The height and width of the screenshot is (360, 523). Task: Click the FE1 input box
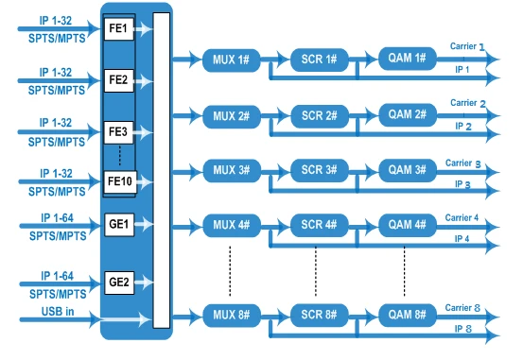coord(119,29)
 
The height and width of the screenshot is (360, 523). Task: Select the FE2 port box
coord(119,80)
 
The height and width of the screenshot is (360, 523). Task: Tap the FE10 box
coord(120,182)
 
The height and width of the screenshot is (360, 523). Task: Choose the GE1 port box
coord(119,225)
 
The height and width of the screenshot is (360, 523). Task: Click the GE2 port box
coord(119,283)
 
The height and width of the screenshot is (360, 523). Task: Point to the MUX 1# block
coord(231,60)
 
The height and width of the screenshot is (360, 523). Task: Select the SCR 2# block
coord(320,116)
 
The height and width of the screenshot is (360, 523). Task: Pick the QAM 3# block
coord(408,170)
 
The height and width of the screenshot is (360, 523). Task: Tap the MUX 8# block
coord(232,315)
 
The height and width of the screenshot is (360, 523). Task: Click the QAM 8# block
coord(408,315)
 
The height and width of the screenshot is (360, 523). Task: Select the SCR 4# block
coord(320,225)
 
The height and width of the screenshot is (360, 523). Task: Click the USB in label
coord(58,312)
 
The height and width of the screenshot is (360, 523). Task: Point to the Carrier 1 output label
coord(467,46)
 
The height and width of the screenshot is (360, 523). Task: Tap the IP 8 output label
coord(463,330)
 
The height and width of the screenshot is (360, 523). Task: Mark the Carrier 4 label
coord(462,218)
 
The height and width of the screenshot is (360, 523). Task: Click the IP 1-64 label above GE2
coord(57,276)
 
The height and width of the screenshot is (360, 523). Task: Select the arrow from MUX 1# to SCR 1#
coord(275,60)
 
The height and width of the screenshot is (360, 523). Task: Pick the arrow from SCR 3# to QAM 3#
coord(363,172)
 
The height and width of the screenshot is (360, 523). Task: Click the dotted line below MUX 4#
coord(230,271)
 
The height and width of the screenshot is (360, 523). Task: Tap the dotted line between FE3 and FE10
coord(120,156)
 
